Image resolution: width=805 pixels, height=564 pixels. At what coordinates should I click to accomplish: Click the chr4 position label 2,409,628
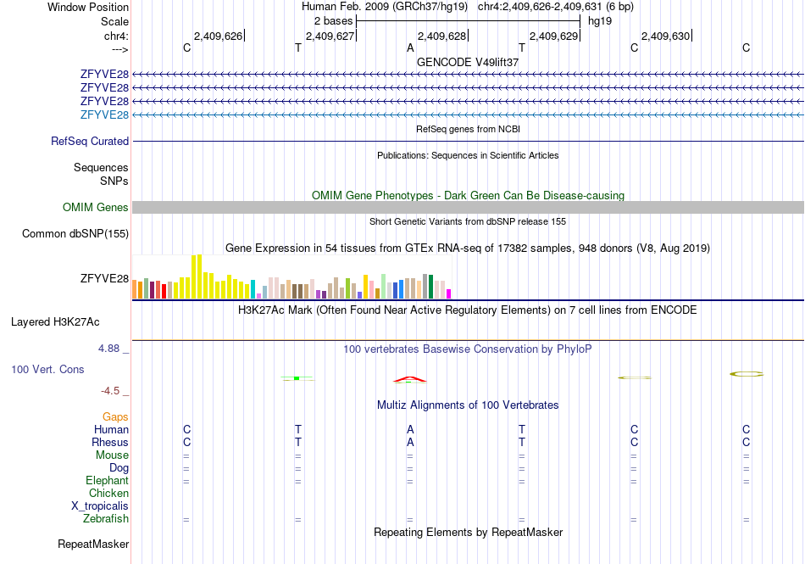click(x=441, y=36)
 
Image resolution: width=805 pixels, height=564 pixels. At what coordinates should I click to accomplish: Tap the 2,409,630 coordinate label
click(x=665, y=36)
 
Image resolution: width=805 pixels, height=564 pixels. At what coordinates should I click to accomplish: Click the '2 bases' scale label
click(x=334, y=21)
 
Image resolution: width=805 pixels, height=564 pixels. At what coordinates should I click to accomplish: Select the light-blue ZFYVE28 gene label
click(x=104, y=114)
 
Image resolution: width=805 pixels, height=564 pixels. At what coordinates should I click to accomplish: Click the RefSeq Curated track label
click(x=90, y=142)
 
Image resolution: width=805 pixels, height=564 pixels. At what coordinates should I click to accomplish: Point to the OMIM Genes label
click(x=96, y=207)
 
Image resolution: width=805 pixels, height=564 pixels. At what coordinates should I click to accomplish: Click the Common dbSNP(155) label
click(x=75, y=234)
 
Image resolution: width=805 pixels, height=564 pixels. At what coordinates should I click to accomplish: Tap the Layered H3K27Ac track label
click(x=55, y=322)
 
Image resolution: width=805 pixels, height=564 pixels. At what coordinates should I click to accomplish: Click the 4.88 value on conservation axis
click(x=108, y=349)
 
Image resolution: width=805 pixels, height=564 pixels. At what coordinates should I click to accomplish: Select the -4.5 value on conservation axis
click(x=110, y=391)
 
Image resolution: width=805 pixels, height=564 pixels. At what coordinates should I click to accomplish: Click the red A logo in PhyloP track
click(x=409, y=380)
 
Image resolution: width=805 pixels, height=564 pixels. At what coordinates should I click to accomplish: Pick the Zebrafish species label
click(x=106, y=519)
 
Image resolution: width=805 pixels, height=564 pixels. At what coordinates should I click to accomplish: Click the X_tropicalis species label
click(x=100, y=506)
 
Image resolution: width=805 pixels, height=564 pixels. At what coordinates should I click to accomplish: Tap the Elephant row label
click(x=107, y=480)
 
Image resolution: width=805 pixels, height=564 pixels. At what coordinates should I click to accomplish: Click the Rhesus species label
click(x=110, y=442)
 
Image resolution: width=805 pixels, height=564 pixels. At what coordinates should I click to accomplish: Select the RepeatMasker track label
click(x=93, y=544)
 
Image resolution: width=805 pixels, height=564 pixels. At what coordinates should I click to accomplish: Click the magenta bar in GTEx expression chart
click(x=449, y=293)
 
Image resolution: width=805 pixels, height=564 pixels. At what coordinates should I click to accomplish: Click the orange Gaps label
click(x=115, y=416)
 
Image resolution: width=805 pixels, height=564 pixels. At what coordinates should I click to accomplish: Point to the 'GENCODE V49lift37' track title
click(x=468, y=62)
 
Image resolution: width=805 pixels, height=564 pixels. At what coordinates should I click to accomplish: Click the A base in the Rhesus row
click(x=410, y=442)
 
